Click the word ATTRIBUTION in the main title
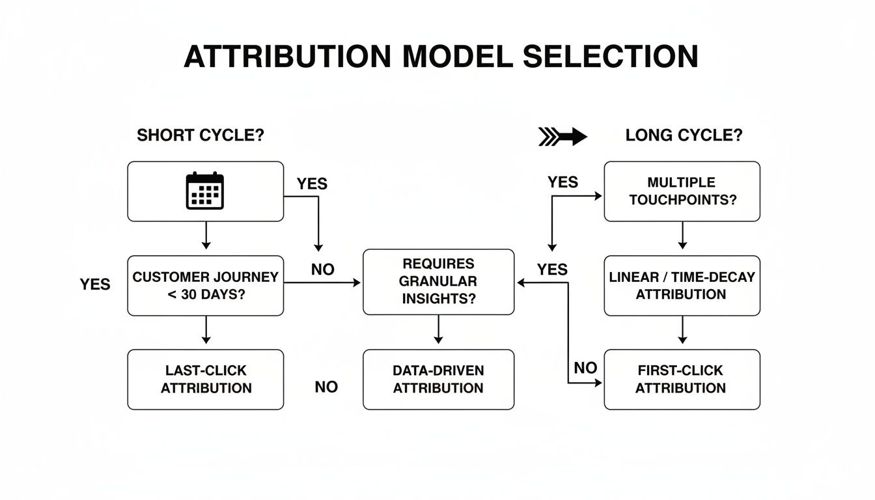(x=287, y=57)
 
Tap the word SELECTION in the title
(x=610, y=57)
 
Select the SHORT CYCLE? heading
(x=201, y=136)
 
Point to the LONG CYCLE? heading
(x=684, y=136)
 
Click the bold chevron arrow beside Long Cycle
(x=563, y=136)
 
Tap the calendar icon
(x=205, y=191)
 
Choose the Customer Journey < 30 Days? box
(x=205, y=285)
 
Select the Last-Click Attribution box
(x=205, y=379)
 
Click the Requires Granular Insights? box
(x=438, y=281)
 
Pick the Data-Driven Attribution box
(x=438, y=379)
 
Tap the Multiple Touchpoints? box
(x=682, y=191)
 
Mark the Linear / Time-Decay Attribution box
(x=682, y=285)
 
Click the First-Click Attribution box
(x=682, y=379)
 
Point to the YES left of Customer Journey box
(x=95, y=285)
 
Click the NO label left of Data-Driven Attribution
(x=326, y=387)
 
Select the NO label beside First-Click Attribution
(x=585, y=368)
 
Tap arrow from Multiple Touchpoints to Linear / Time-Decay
(x=682, y=235)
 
